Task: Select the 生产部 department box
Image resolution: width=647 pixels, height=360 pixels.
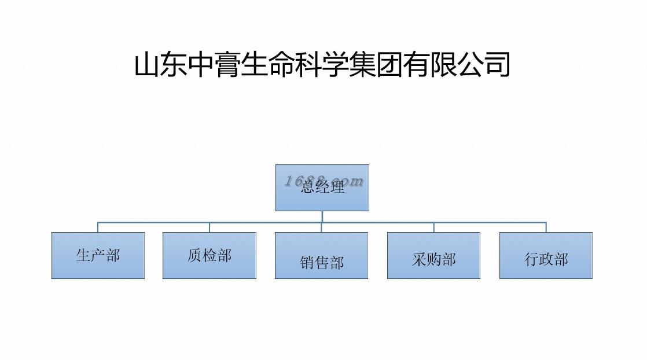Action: tap(98, 255)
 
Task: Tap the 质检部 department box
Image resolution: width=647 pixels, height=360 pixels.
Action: tap(209, 255)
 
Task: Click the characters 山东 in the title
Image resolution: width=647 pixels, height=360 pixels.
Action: tap(161, 65)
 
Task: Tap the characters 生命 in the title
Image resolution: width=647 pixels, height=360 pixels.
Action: tap(268, 65)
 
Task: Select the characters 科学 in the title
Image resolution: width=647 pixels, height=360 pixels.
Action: tap(322, 65)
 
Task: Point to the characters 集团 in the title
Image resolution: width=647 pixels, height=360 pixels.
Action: tap(376, 65)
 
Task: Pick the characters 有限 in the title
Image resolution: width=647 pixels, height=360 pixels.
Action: tap(430, 65)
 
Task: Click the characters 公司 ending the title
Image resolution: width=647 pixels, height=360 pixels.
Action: tap(484, 65)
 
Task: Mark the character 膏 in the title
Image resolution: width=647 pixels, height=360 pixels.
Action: tap(228, 65)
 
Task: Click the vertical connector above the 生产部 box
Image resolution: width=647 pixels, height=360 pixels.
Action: tap(97, 227)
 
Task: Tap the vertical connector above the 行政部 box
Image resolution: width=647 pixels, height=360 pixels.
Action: tap(546, 227)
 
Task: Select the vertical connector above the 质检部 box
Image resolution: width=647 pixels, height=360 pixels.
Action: tap(209, 227)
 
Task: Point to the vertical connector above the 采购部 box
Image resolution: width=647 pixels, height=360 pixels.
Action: tap(433, 227)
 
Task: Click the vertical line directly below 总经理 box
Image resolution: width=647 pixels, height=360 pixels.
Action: tap(322, 216)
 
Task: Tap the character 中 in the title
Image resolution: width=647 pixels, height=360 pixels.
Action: tap(201, 65)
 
